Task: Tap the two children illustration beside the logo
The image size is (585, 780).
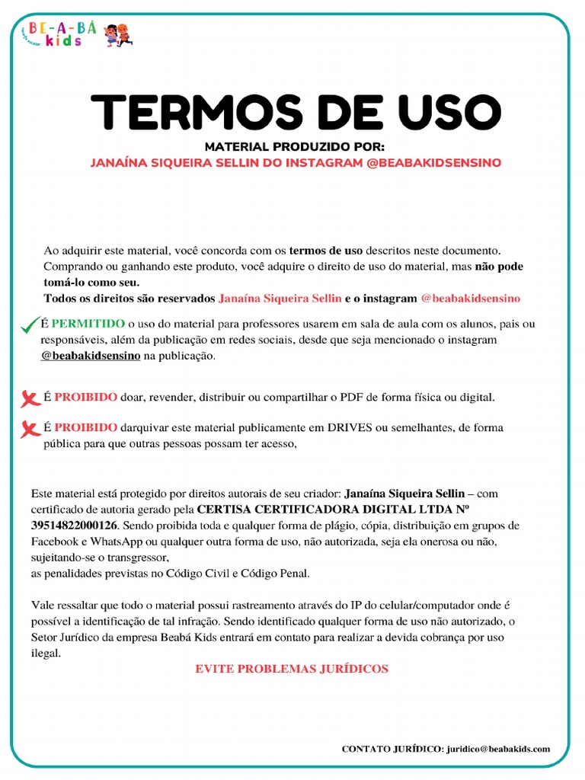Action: click(x=118, y=35)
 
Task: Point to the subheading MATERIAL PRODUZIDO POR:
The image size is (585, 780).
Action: click(x=295, y=147)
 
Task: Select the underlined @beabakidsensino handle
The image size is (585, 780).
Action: click(x=91, y=356)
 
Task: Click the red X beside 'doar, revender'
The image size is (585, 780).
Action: click(x=30, y=398)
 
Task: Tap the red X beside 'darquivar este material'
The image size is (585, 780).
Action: click(x=30, y=429)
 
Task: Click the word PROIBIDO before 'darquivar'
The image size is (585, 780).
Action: click(x=86, y=427)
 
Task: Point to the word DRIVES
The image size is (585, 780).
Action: click(x=350, y=427)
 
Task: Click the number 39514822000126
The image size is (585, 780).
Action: click(x=75, y=526)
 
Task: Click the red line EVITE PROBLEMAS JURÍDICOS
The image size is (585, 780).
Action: click(x=292, y=669)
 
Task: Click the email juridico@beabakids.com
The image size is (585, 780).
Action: click(x=498, y=749)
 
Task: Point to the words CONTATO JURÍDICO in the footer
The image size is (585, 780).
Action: click(x=392, y=749)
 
